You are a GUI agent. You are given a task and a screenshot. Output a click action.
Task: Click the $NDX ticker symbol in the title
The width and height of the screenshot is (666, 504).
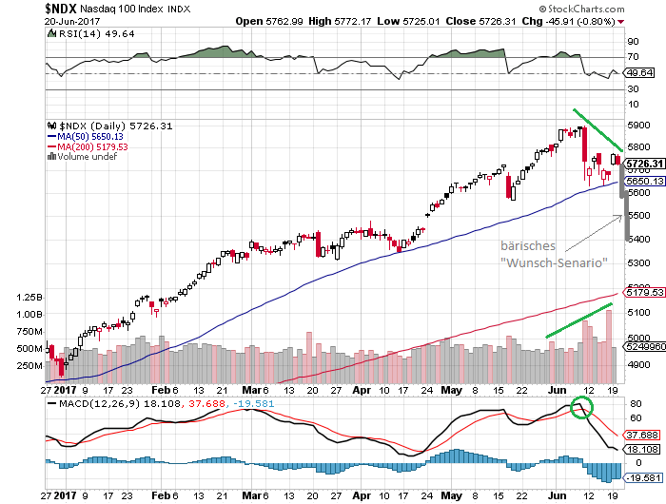(x=64, y=8)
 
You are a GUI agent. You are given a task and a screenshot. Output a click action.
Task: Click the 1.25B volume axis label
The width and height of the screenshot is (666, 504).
(x=29, y=298)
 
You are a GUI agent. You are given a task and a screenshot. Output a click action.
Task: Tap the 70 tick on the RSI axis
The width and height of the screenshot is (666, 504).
(x=631, y=58)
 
